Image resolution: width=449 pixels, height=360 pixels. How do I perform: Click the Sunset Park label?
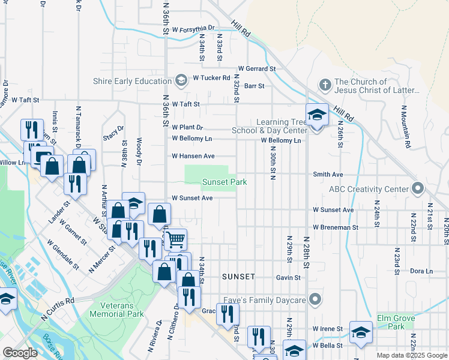click(224, 182)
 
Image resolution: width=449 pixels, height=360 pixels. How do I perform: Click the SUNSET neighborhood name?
click(238, 277)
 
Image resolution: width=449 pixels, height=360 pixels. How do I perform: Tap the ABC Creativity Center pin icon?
click(418, 189)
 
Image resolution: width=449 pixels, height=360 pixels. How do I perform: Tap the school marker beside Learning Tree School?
click(317, 115)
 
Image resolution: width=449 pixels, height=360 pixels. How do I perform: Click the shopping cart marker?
click(175, 239)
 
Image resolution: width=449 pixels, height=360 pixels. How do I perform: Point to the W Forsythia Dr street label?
click(193, 28)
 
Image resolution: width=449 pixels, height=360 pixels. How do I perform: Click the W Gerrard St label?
click(256, 69)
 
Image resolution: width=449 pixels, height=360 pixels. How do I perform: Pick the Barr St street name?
click(254, 86)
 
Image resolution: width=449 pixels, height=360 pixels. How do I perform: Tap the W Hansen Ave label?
click(193, 156)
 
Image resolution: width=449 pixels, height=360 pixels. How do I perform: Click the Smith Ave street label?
click(328, 175)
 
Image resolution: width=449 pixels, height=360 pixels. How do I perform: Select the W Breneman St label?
click(335, 227)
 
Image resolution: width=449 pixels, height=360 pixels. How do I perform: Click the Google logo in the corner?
click(20, 353)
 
